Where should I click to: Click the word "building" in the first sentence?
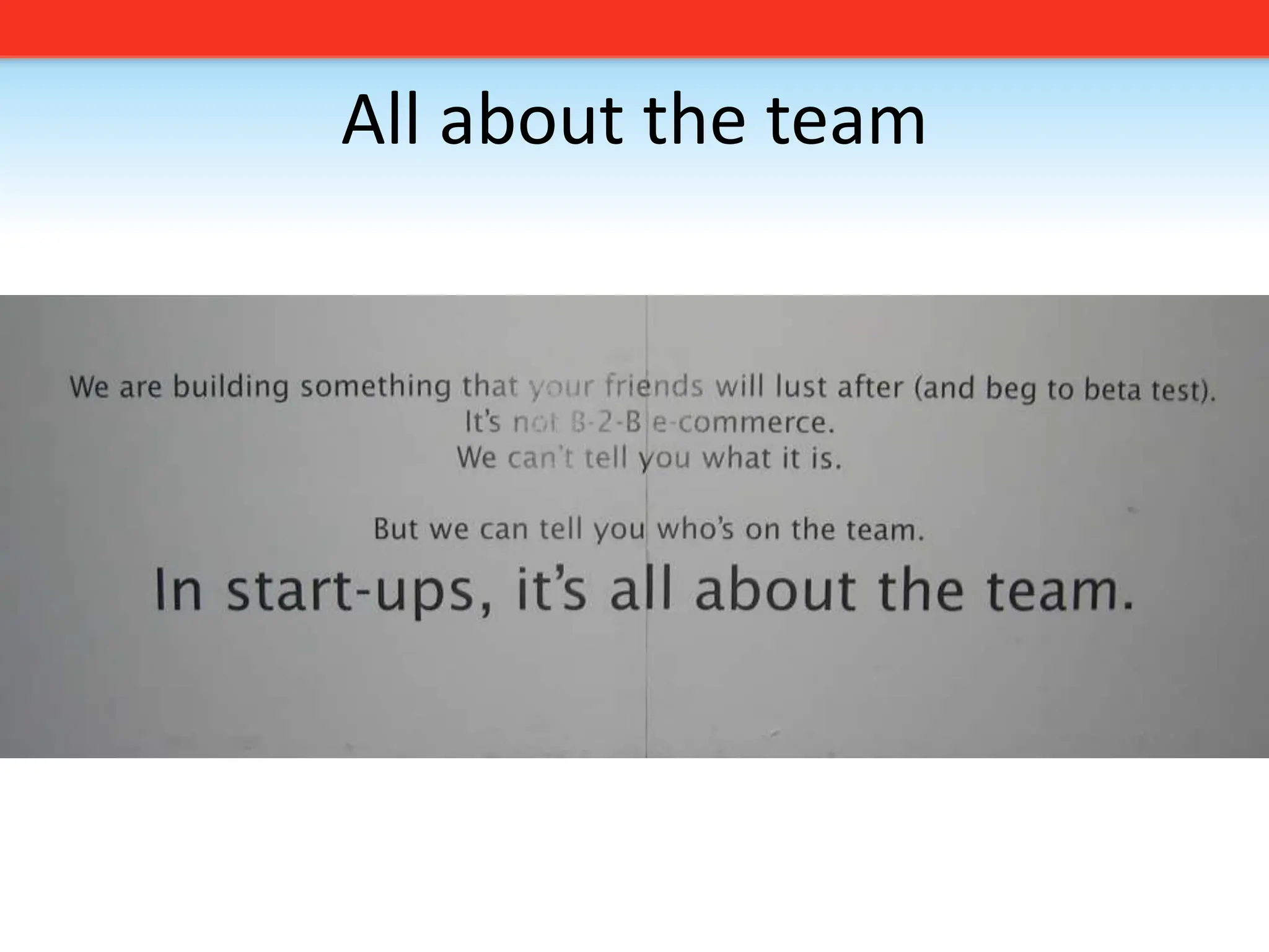(x=231, y=387)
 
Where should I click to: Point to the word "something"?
(x=375, y=387)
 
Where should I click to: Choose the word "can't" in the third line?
(x=534, y=458)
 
